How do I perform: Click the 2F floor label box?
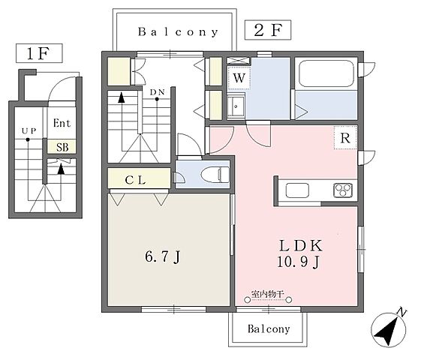pos(268,30)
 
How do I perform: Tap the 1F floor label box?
pos(39,53)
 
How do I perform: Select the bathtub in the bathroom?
pos(326,73)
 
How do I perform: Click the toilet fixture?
pos(215,175)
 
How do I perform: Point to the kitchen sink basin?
pos(297,190)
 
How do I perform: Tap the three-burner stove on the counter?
pos(343,190)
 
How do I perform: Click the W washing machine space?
pos(239,78)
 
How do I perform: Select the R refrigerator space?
pos(345,138)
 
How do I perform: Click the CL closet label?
pos(136,180)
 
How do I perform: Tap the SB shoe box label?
pos(62,147)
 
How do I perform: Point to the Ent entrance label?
pos(62,123)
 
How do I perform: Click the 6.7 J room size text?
pos(163,256)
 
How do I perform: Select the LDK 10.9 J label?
pos(299,253)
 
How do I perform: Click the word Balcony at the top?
pos(178,32)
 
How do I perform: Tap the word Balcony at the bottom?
pos(269,329)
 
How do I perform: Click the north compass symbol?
pos(389,328)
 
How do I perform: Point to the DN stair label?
pos(158,92)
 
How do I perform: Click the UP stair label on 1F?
pos(29,131)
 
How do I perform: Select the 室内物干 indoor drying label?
pos(267,294)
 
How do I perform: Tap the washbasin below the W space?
pos(236,106)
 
